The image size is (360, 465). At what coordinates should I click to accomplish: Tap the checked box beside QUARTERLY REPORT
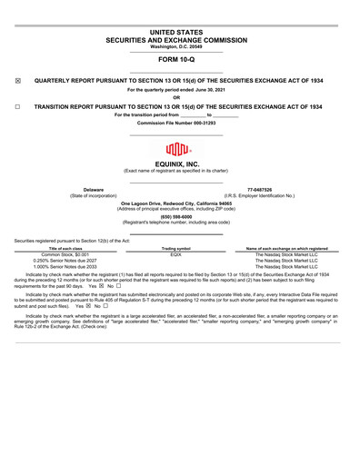pos(19,81)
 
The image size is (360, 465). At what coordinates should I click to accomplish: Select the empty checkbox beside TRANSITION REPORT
pos(19,107)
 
